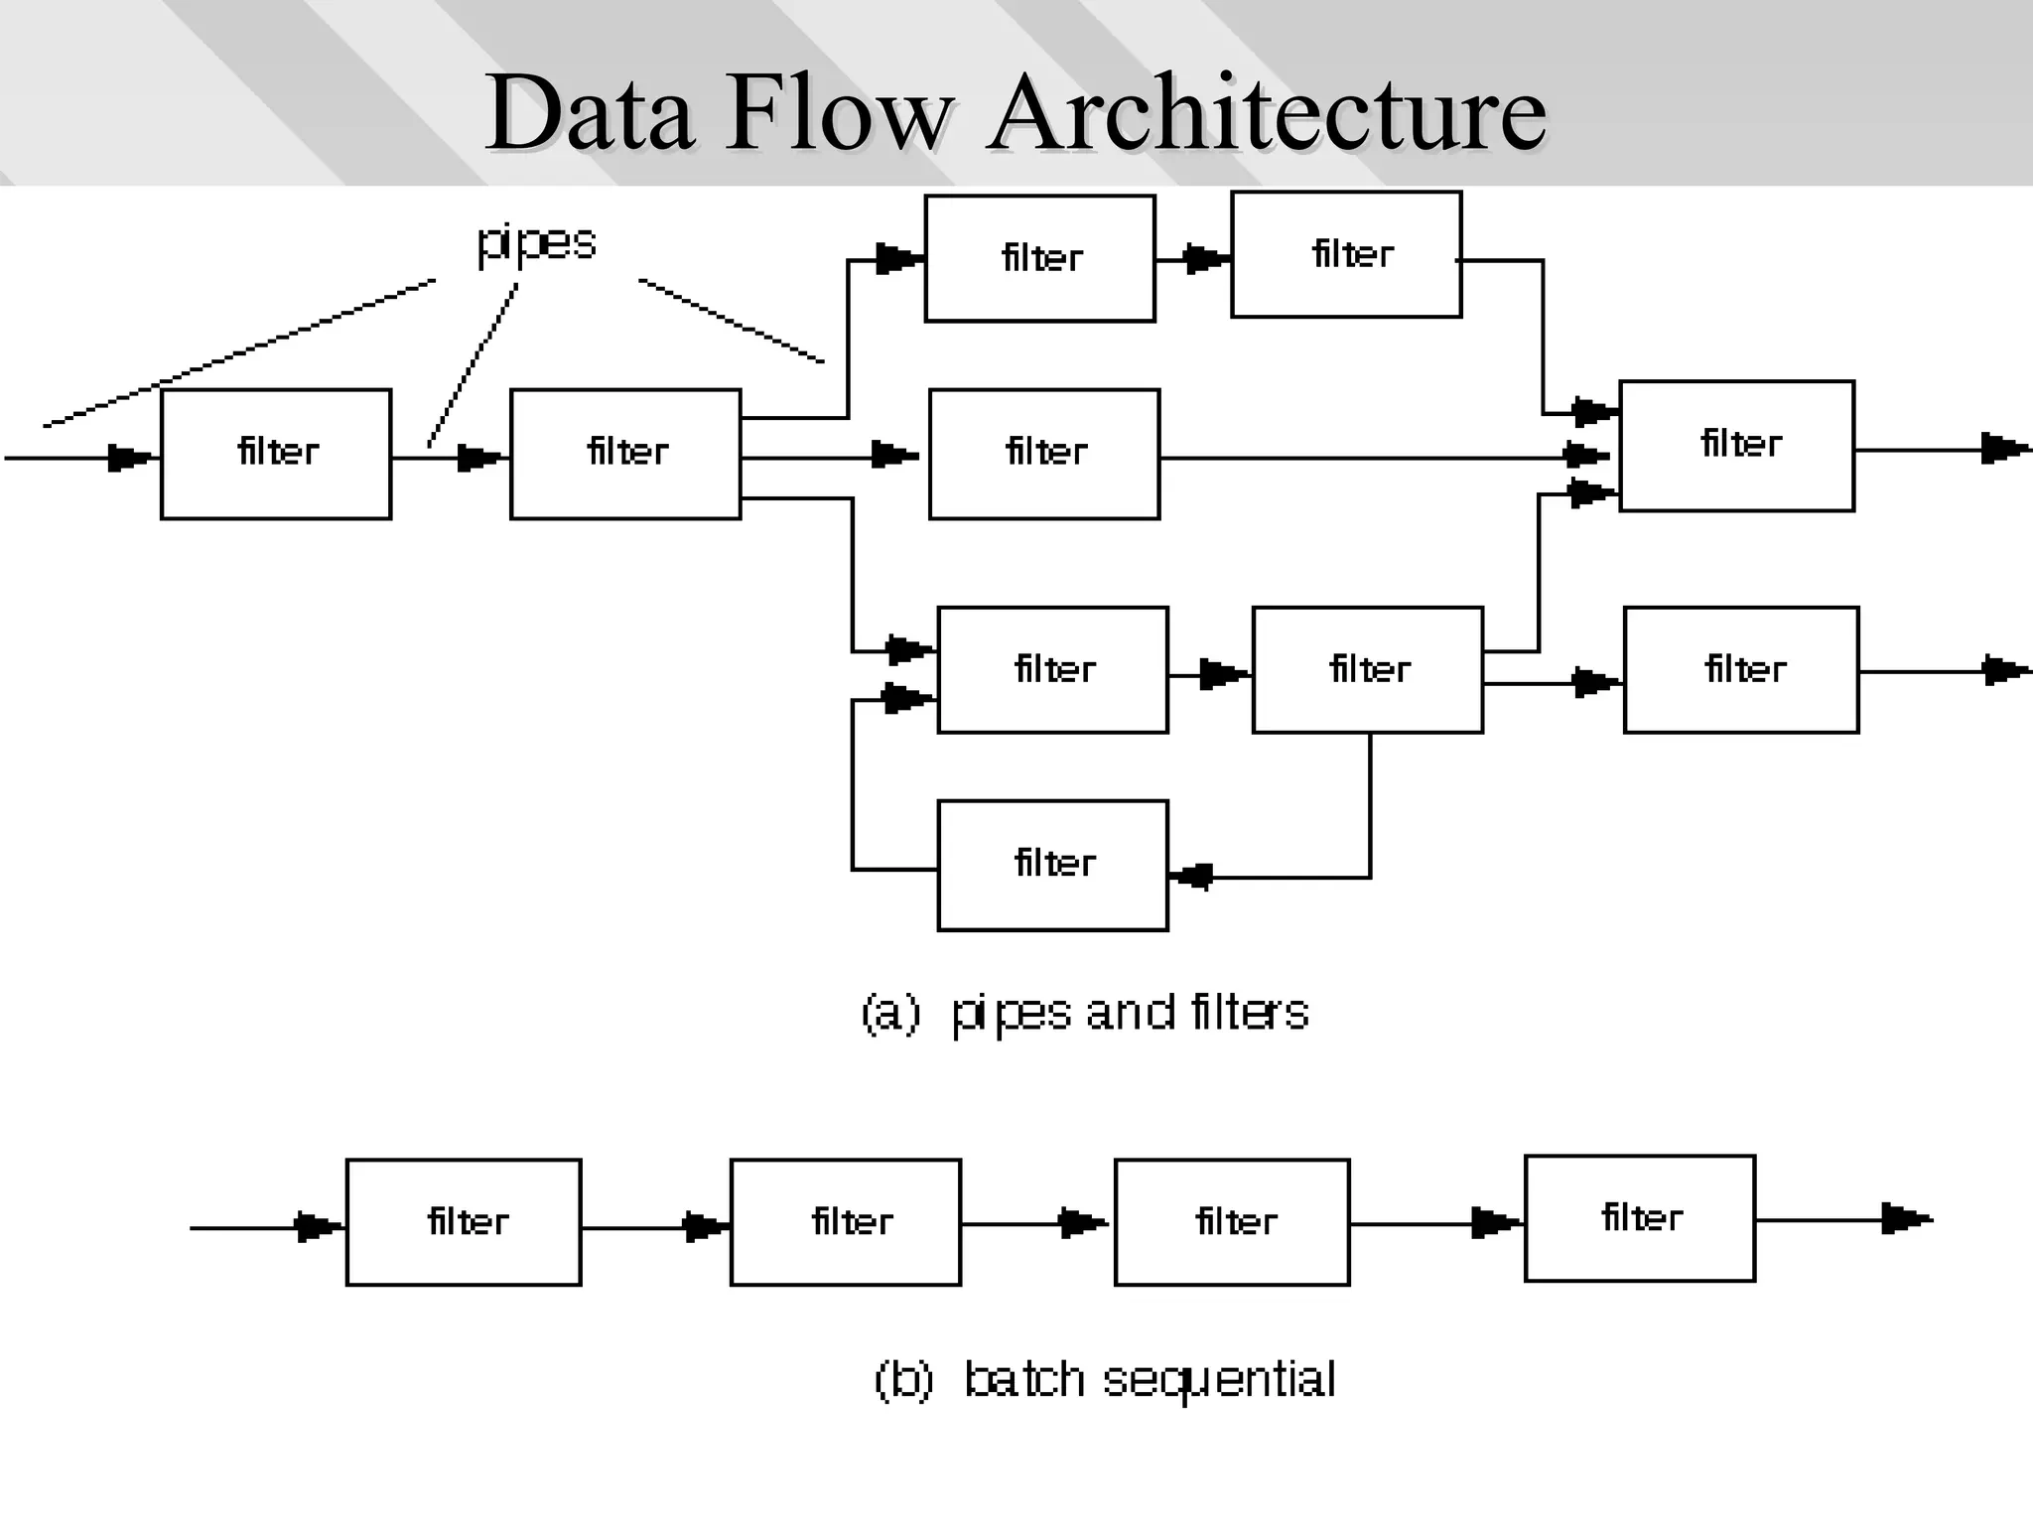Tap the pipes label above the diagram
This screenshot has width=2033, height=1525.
536,241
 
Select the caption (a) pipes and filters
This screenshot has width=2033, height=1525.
1085,1013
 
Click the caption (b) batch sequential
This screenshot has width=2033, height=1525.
1105,1379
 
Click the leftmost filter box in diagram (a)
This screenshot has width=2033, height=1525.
276,454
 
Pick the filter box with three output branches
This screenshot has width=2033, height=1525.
625,454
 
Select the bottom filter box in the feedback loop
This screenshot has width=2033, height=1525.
1052,865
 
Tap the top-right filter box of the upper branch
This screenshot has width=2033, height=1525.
1346,254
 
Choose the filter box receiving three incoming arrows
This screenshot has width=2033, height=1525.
1736,446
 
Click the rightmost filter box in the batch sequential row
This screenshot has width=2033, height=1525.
1640,1218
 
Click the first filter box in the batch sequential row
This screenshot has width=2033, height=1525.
464,1222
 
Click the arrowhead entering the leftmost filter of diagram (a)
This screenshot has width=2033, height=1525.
130,458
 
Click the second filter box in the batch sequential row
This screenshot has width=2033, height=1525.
846,1222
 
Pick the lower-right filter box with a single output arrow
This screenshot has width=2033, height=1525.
1741,670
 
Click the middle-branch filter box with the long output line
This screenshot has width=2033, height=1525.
1044,454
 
